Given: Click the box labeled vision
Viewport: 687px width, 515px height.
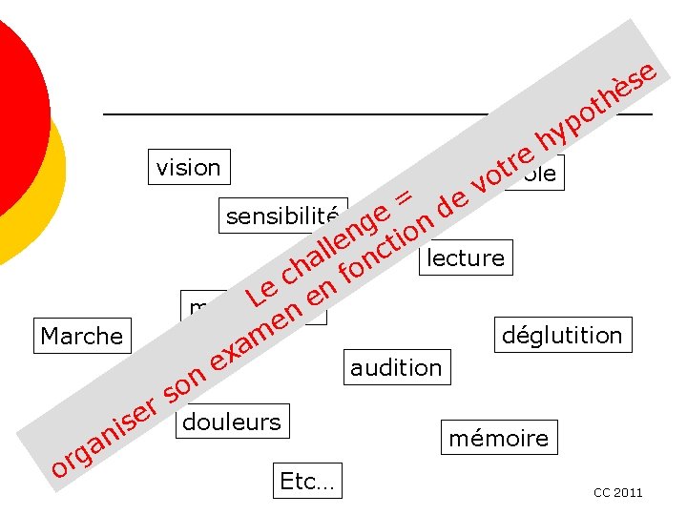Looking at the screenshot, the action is pyautogui.click(x=188, y=168).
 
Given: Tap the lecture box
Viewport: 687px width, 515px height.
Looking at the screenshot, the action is pyautogui.click(x=466, y=257).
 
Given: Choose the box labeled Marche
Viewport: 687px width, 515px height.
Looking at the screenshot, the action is pyautogui.click(x=82, y=336).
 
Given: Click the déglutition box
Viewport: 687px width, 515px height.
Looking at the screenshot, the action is pyautogui.click(x=562, y=335).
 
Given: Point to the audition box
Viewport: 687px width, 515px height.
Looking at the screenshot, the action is pyautogui.click(x=396, y=367).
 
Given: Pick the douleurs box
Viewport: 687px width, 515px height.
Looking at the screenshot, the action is pyautogui.click(x=232, y=422).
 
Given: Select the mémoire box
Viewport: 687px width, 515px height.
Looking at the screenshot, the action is pyautogui.click(x=499, y=439).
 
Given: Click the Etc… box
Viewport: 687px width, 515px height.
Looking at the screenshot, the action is pyautogui.click(x=307, y=482).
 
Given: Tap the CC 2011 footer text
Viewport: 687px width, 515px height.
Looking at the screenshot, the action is pyautogui.click(x=617, y=493).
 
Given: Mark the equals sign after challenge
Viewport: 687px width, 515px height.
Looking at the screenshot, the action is pyautogui.click(x=403, y=197).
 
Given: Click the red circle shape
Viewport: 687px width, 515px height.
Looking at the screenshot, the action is pyautogui.click(x=14, y=114).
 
